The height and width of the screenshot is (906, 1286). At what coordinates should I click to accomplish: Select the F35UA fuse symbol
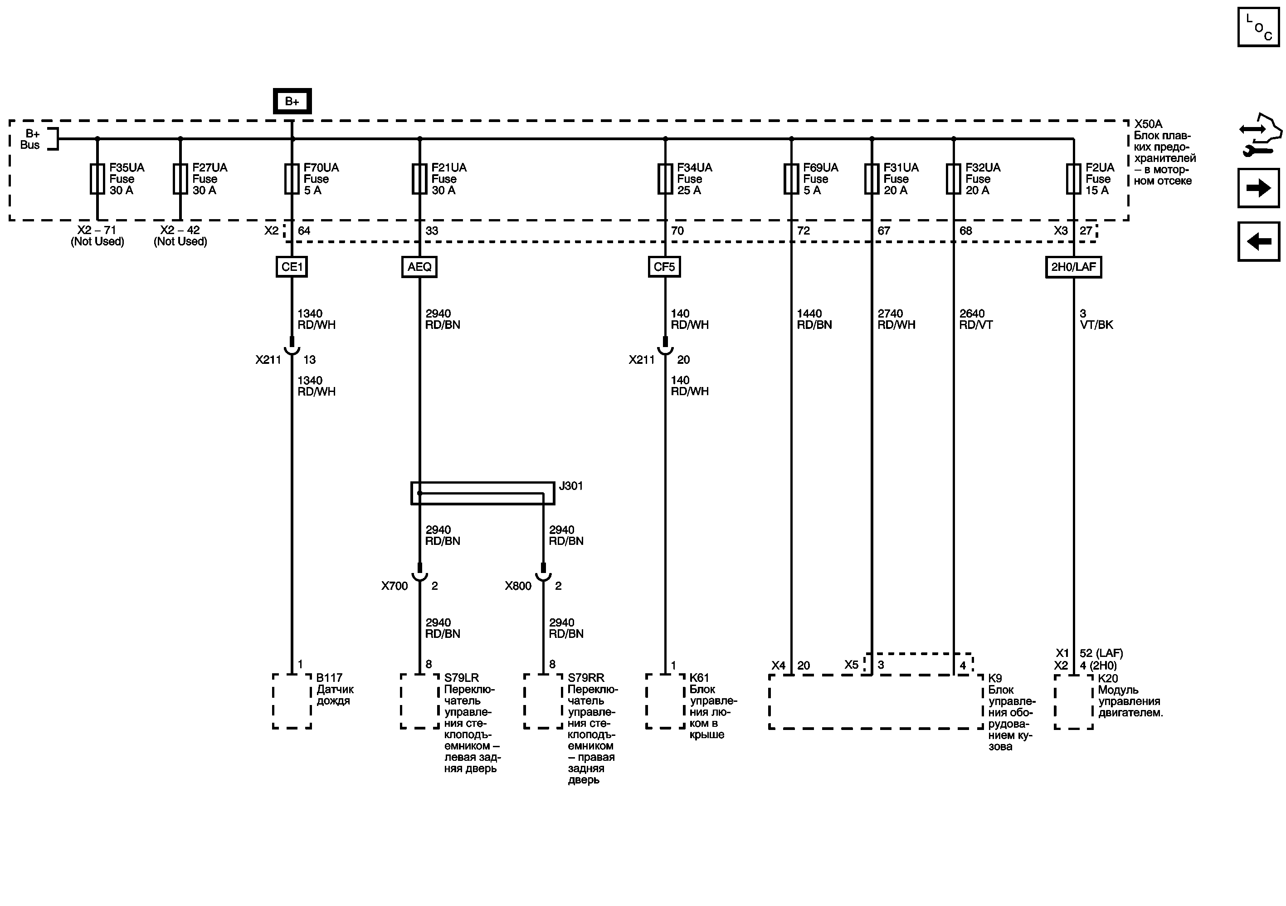click(97, 179)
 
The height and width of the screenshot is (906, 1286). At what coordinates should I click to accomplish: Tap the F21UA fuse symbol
click(419, 179)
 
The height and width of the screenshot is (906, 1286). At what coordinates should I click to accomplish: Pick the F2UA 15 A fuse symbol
click(1073, 179)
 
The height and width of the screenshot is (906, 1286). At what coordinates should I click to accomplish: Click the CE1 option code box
click(292, 267)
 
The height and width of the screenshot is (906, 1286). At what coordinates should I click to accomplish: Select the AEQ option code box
click(419, 267)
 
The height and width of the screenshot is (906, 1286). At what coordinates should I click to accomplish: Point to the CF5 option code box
click(664, 267)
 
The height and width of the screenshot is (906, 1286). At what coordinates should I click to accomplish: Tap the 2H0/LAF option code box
click(1073, 267)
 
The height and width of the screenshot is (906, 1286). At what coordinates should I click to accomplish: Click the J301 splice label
click(571, 486)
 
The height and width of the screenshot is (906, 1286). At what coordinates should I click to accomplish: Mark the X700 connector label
click(395, 586)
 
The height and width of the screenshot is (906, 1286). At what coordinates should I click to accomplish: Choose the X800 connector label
click(517, 586)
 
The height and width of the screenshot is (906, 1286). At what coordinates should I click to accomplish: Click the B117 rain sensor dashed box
click(292, 701)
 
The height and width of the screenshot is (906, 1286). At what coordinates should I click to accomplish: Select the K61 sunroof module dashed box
click(665, 701)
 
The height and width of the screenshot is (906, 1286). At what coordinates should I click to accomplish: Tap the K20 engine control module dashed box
click(1073, 701)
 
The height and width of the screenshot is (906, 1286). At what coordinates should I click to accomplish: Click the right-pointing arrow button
click(1258, 188)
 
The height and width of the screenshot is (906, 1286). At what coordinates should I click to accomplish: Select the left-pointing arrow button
click(1258, 241)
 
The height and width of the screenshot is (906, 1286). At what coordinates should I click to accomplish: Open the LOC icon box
click(1258, 27)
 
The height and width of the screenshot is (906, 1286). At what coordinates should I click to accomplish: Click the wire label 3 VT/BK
click(1096, 319)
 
